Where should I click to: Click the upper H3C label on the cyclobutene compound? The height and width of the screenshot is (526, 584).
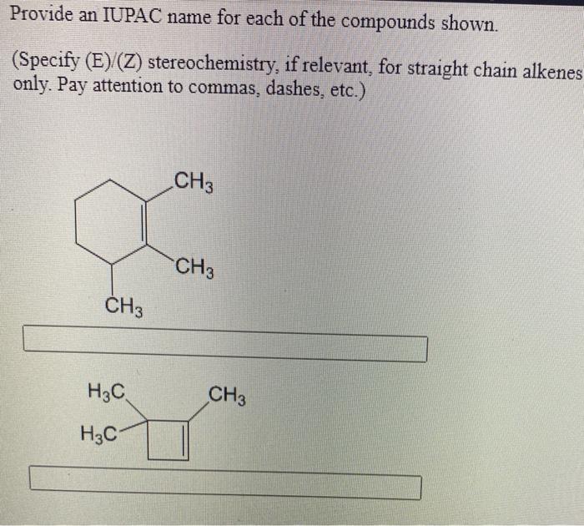pos(108,392)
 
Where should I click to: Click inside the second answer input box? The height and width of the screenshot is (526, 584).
pos(225,485)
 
